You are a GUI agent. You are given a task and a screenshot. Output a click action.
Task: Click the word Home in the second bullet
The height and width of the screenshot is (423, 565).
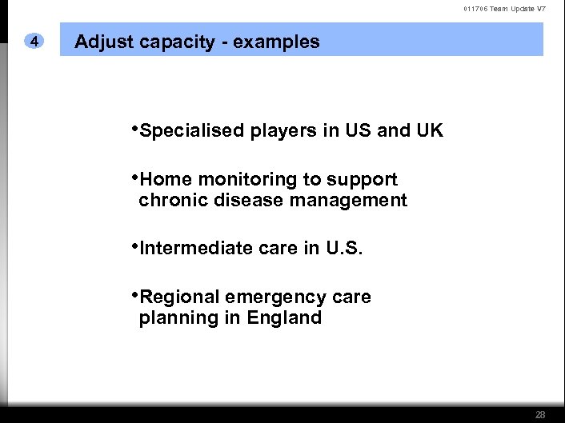[x=166, y=179]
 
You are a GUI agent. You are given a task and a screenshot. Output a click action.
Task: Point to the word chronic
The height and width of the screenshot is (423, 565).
[x=173, y=200]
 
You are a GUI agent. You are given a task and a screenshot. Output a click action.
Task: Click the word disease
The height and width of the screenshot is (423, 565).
[x=246, y=200]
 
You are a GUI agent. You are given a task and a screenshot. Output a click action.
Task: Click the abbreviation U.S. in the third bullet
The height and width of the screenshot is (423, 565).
[x=344, y=248]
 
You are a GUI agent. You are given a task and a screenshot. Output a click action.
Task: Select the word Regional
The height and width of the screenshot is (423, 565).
[x=179, y=297]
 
